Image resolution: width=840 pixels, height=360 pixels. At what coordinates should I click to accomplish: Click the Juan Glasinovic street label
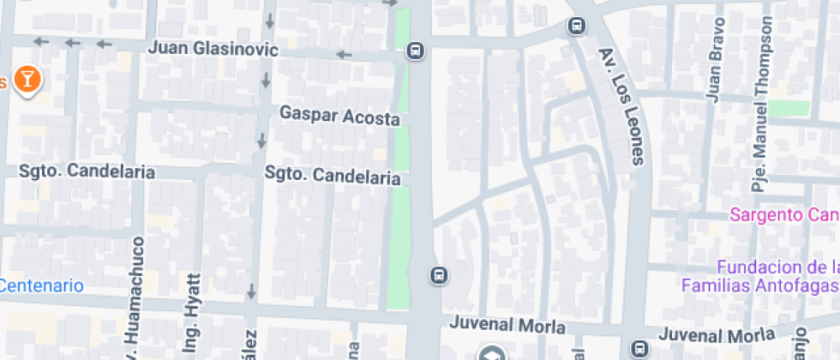coord(213,49)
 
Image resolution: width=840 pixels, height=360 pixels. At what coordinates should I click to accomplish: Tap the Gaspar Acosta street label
coord(339,116)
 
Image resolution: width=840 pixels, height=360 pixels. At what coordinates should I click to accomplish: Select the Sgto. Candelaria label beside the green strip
coord(333,176)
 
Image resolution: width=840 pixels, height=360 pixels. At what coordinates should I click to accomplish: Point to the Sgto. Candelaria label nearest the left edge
coord(87,171)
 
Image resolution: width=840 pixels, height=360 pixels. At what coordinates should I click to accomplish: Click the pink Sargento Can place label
coord(783,214)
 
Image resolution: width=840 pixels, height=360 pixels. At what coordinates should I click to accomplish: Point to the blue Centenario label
coord(41,285)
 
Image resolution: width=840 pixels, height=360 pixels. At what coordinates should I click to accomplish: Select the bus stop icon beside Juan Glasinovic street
coord(416,51)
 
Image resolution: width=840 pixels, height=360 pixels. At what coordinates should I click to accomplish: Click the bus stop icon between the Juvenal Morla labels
coord(639,348)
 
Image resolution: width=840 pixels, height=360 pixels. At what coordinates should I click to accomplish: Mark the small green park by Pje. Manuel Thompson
coord(789,108)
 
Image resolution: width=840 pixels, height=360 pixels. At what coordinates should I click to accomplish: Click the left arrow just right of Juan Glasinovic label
coord(344,55)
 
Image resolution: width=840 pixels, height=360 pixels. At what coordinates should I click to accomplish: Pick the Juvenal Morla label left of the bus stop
coord(508,326)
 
